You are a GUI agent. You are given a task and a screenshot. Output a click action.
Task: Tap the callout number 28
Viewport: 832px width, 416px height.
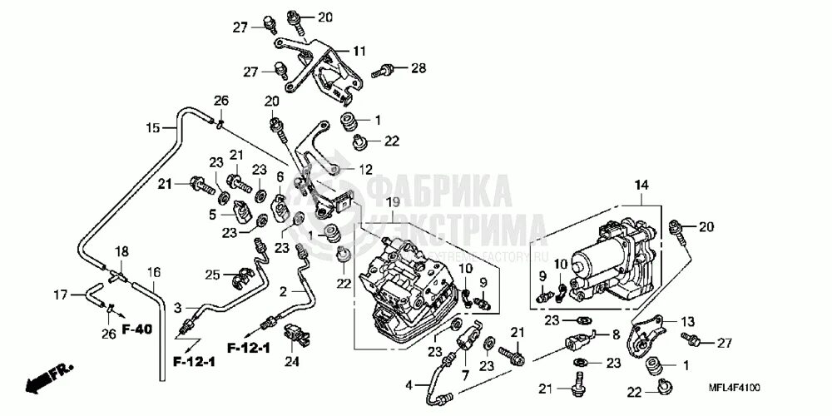418,67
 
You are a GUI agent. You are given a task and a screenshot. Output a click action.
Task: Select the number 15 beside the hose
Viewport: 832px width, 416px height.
152,128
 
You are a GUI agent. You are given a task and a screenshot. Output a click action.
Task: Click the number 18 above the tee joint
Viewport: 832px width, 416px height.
121,251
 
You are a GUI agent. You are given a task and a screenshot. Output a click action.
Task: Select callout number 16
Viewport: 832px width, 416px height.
153,272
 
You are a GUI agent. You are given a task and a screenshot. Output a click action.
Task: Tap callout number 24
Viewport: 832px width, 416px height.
291,362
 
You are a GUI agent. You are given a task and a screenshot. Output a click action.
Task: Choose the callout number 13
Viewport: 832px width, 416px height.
687,322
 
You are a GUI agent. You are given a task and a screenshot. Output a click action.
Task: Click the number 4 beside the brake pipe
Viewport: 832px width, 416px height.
409,384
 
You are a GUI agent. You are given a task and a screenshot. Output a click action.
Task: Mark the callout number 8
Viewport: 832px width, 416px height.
616,334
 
